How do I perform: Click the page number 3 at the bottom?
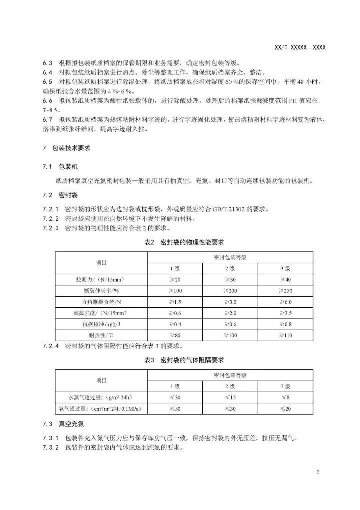coord(318,472)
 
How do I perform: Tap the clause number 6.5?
coord(48,81)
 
